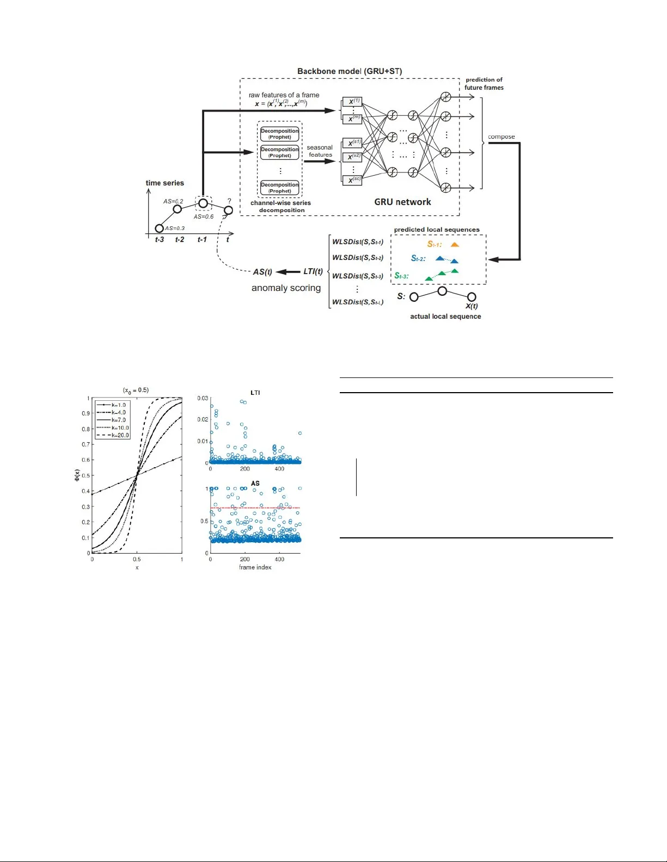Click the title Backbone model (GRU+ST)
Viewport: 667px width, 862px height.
[x=350, y=71]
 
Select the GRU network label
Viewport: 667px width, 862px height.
[x=402, y=202]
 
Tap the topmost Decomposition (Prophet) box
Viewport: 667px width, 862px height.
[x=280, y=134]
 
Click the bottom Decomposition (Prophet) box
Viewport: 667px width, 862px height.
[x=280, y=188]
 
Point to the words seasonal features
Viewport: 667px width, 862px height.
[x=320, y=151]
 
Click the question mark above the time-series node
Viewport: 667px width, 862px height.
[x=229, y=201]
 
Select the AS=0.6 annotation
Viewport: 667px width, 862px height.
[x=204, y=216]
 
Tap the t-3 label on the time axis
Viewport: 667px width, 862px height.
[x=159, y=240]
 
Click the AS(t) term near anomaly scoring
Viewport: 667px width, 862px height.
[x=262, y=272]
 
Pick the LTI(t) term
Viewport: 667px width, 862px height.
[x=313, y=271]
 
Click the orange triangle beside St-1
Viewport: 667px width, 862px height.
[x=455, y=245]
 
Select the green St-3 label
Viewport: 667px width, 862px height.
[x=401, y=276]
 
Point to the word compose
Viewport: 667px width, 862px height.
[x=501, y=137]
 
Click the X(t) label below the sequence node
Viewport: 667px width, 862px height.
[x=472, y=306]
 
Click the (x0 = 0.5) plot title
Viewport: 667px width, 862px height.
[x=136, y=390]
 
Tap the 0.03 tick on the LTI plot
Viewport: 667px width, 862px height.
[x=203, y=398]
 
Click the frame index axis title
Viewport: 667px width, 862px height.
[x=255, y=567]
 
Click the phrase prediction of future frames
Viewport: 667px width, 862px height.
[x=484, y=84]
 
